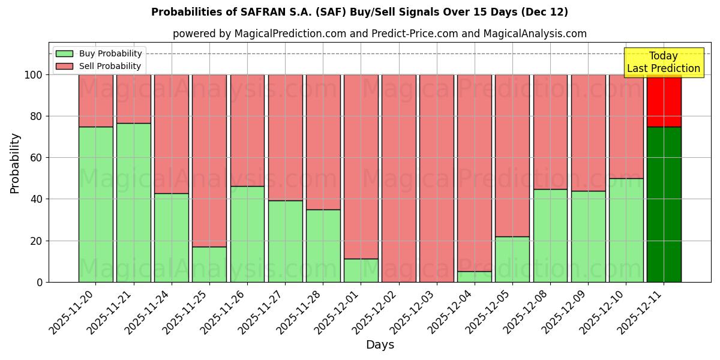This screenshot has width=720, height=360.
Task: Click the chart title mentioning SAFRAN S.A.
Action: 359,12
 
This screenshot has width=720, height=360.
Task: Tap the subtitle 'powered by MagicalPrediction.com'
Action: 379,34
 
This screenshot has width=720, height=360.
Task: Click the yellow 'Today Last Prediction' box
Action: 663,62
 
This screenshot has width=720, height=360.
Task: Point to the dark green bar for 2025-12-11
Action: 664,204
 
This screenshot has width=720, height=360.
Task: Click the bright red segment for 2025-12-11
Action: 664,100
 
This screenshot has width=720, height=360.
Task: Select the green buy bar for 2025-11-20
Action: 95,204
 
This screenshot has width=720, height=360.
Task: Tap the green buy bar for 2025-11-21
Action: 133,202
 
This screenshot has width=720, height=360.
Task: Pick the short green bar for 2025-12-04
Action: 474,277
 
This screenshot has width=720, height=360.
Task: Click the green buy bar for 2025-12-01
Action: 361,270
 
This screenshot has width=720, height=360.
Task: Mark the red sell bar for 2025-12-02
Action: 398,178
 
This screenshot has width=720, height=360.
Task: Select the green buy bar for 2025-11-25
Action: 209,264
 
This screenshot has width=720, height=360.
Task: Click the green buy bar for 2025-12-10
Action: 626,230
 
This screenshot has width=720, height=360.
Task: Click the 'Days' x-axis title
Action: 380,345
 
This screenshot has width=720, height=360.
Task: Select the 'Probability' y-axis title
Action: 15,163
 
